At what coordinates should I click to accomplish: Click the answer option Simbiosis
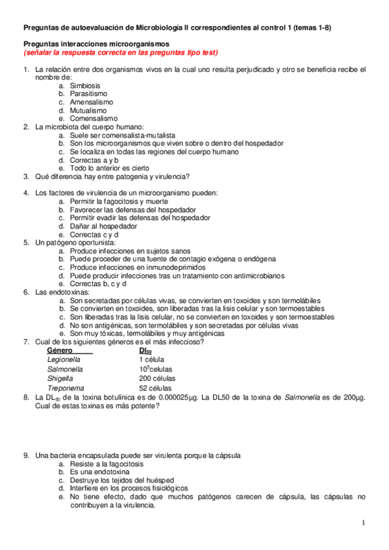click(x=85, y=86)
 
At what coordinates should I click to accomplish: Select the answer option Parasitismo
click(x=88, y=94)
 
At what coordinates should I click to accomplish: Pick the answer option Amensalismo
click(x=91, y=102)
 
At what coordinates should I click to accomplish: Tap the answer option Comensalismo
click(x=94, y=119)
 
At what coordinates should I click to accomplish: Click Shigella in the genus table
click(x=60, y=378)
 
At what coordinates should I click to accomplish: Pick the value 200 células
click(x=157, y=378)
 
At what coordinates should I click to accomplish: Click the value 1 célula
click(x=151, y=359)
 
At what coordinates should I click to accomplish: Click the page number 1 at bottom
click(x=364, y=523)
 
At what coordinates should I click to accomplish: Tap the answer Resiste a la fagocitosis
click(x=107, y=464)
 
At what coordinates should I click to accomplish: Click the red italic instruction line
click(x=121, y=53)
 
